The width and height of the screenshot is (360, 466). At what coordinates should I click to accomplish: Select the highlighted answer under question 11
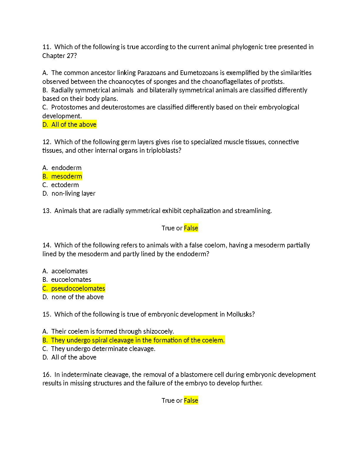click(69, 125)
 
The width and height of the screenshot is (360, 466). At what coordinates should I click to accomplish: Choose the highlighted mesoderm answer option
click(62, 177)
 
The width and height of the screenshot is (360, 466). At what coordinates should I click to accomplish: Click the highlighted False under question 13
click(191, 228)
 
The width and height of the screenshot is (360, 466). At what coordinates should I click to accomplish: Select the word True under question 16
click(168, 401)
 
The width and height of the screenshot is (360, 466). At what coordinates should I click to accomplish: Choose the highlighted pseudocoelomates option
click(74, 289)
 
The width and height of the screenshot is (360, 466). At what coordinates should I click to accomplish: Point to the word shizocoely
click(158, 332)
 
